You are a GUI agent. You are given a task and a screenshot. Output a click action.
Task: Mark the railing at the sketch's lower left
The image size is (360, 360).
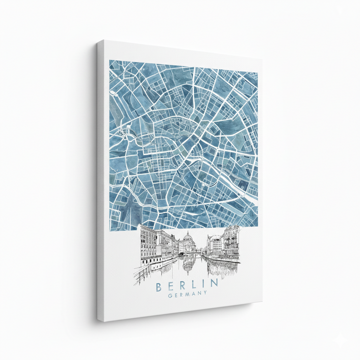click(x=142, y=272)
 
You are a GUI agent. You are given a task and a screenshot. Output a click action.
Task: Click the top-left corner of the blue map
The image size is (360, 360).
click(x=110, y=60)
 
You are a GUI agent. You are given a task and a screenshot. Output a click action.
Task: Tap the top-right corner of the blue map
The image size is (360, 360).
click(x=257, y=72)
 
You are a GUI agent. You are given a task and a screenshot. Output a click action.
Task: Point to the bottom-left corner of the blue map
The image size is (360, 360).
click(x=109, y=230)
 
